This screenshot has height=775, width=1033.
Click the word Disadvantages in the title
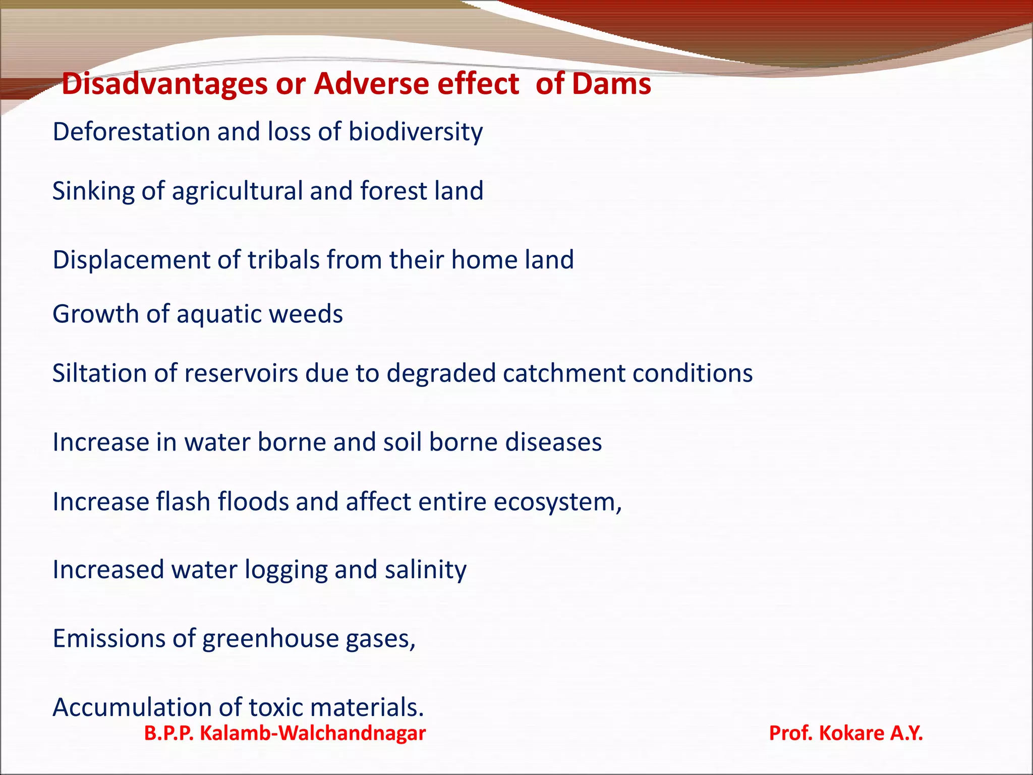click(164, 84)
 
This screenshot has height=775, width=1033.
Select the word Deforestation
click(131, 132)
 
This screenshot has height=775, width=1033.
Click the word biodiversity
click(416, 133)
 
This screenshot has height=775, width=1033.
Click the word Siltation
click(99, 373)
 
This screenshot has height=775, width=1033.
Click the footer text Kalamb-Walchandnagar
click(313, 733)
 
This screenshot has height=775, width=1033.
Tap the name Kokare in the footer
click(851, 733)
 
